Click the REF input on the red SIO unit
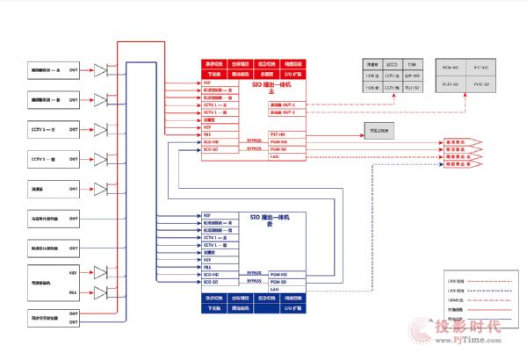pos(207,83)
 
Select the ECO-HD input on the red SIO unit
pos(211,141)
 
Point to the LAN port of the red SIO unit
pos(274,156)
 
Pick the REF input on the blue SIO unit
pos(207,215)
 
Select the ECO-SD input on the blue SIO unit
pos(211,282)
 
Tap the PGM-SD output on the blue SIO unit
pos(278,282)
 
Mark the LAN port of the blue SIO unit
pos(274,289)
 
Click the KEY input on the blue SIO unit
pos(207,260)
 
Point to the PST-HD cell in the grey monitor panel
pos(481,67)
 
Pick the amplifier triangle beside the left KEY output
pos(99,274)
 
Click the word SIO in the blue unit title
pos(256,215)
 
